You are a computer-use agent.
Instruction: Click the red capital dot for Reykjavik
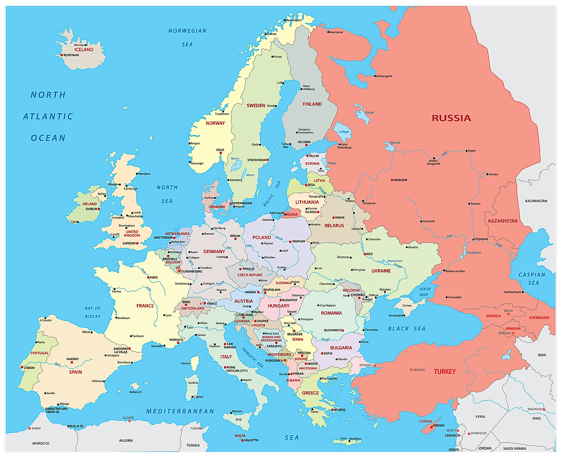click(x=62, y=55)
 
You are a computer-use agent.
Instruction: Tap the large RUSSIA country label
click(x=451, y=118)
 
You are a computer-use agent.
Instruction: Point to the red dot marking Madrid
click(x=72, y=362)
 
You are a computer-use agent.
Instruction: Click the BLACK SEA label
click(x=407, y=328)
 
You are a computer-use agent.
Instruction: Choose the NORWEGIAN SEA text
click(x=187, y=37)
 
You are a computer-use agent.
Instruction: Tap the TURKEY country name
click(x=445, y=372)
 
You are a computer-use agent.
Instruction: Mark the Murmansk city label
click(x=336, y=32)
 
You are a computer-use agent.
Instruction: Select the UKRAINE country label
click(x=381, y=271)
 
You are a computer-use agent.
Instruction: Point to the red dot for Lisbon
click(x=22, y=367)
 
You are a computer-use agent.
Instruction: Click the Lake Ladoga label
click(x=344, y=132)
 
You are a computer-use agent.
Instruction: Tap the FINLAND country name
click(x=312, y=104)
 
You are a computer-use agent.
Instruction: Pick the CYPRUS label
click(x=425, y=422)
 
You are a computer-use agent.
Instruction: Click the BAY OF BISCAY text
click(x=93, y=312)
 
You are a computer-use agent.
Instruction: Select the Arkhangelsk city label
click(x=384, y=76)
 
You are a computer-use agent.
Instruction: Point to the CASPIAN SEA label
click(x=532, y=279)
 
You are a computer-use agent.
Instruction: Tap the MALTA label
click(x=240, y=436)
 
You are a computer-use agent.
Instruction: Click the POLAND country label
click(x=261, y=237)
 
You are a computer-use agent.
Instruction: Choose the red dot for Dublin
click(x=99, y=209)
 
